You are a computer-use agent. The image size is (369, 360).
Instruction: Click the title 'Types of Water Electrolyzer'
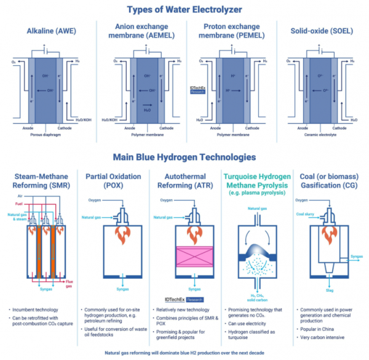pyautogui.click(x=184, y=9)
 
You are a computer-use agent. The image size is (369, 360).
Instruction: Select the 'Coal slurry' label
pyautogui.click(x=306, y=214)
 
